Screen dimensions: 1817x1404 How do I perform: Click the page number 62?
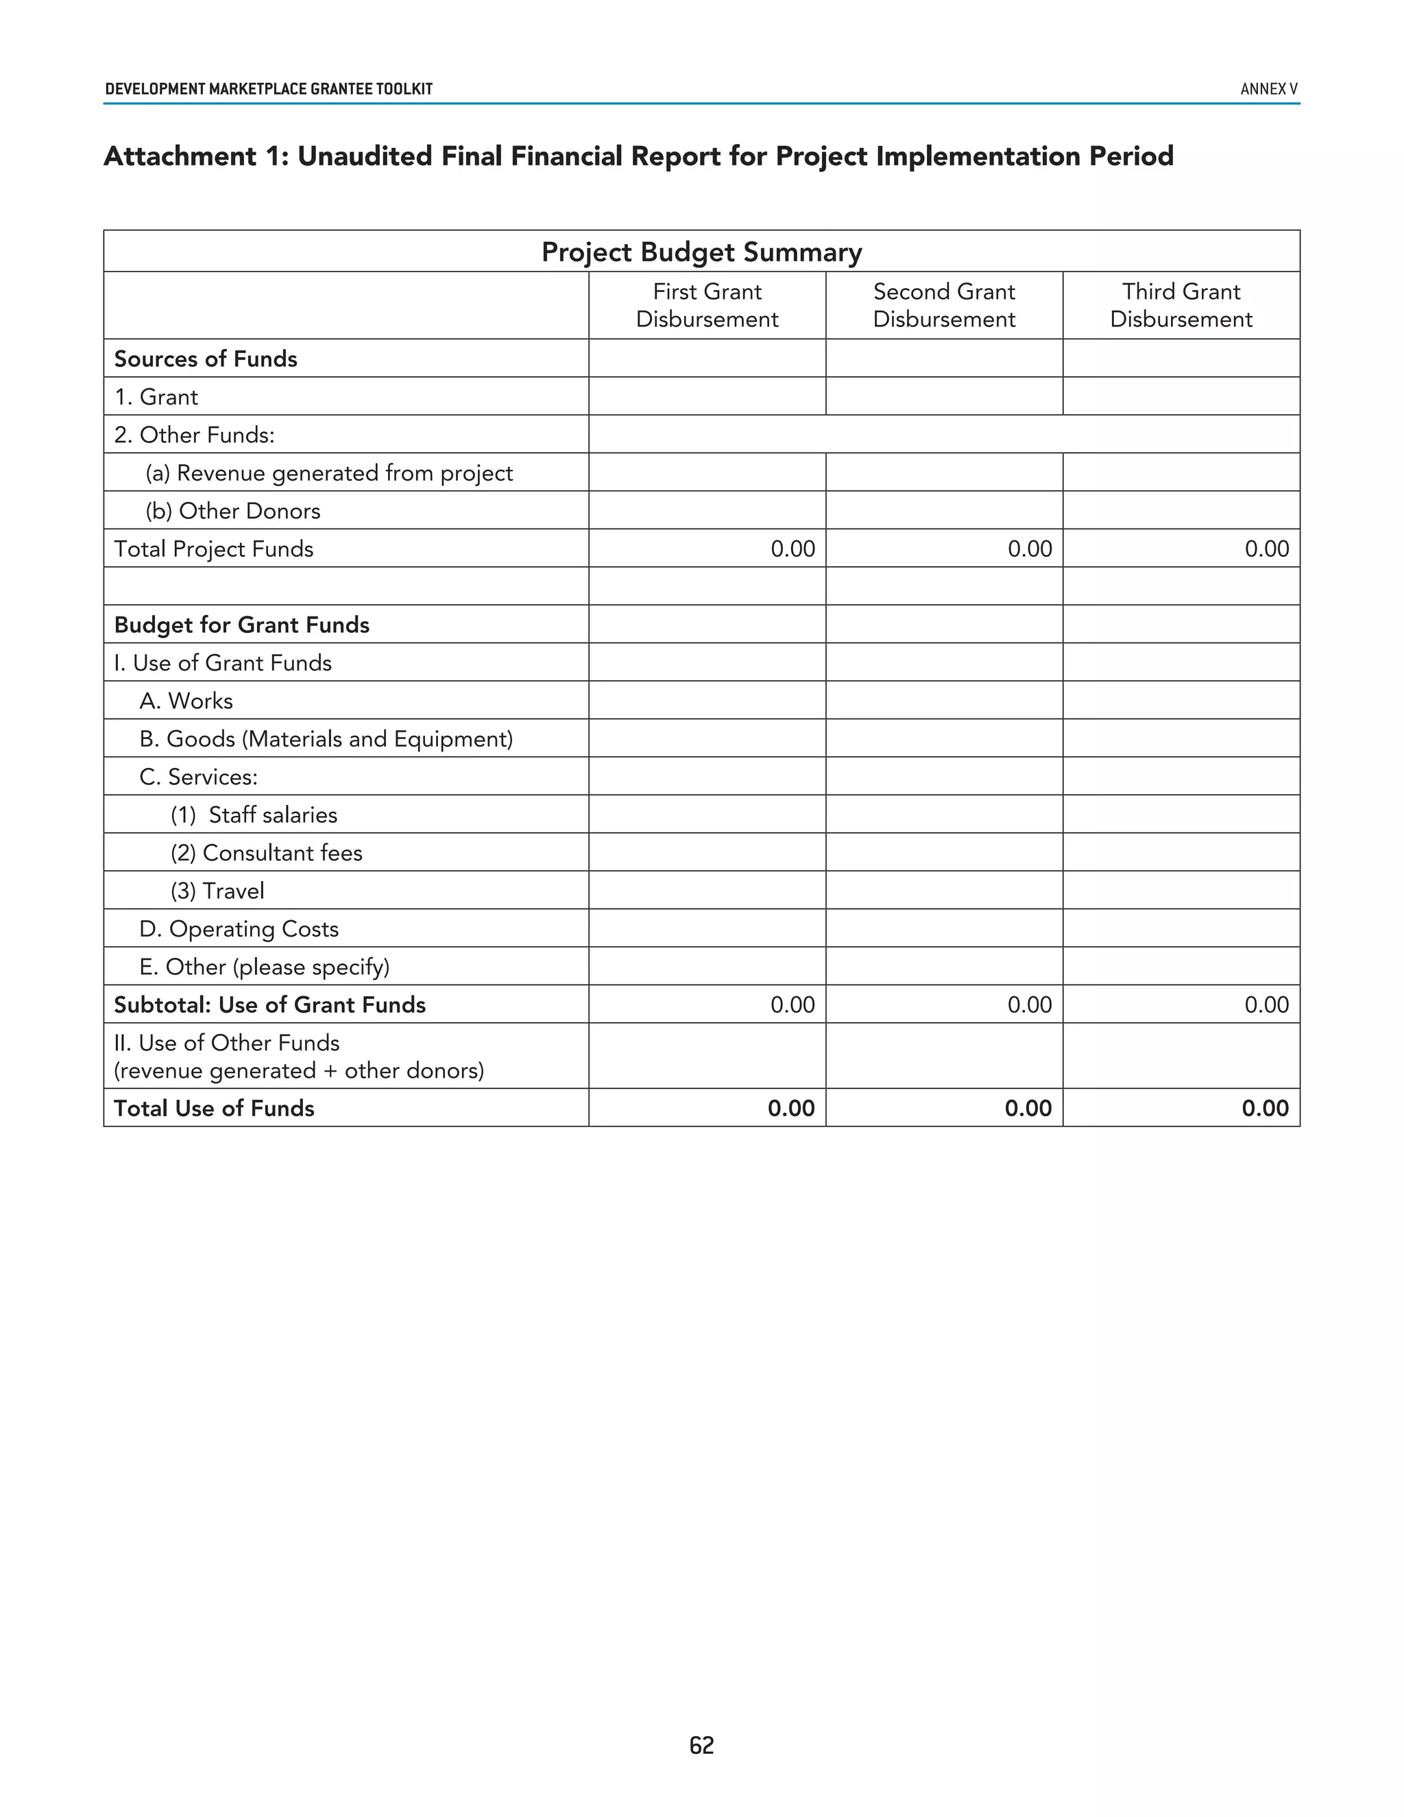(701, 1744)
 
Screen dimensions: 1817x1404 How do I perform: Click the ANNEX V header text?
(1268, 89)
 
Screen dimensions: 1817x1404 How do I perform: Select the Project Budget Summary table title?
(701, 252)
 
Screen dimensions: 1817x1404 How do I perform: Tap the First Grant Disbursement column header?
(707, 305)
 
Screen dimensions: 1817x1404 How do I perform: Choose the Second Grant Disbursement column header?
(944, 305)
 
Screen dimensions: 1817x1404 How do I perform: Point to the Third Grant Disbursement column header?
(1181, 305)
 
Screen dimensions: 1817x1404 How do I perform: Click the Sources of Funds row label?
(206, 359)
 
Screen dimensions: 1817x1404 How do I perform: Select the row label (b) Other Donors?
(233, 511)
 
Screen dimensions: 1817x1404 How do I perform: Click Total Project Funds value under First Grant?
(792, 549)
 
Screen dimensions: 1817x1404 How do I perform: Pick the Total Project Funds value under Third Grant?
(1266, 549)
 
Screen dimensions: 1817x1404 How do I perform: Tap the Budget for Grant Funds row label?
(241, 625)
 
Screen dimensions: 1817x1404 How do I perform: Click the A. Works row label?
(186, 701)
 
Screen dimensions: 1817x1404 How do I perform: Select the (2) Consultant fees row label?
(266, 853)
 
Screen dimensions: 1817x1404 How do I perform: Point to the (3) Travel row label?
(218, 891)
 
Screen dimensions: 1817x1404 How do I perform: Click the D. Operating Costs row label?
(239, 928)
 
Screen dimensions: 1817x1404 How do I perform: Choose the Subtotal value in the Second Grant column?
(1029, 1005)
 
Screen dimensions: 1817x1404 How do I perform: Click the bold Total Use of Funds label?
(214, 1108)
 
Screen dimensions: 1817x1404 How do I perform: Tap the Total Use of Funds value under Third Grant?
(1264, 1108)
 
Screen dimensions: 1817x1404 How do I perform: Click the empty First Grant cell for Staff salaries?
(707, 815)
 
